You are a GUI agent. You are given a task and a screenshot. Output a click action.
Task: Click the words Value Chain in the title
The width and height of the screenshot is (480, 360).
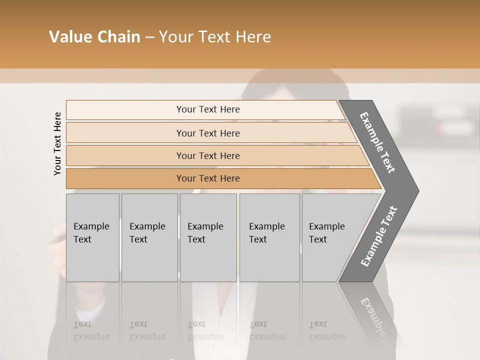coord(94,37)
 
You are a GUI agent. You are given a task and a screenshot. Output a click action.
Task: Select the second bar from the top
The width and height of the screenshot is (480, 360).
coord(208,133)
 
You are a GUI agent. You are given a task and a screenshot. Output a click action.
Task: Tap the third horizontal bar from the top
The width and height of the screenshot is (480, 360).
coord(208,155)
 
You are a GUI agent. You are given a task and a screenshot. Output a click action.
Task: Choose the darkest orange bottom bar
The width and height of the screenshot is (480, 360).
coord(208,178)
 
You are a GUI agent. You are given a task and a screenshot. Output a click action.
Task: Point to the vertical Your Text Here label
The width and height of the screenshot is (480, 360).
coord(58,143)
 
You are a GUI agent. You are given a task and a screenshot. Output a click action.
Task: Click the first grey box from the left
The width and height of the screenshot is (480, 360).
coord(92,237)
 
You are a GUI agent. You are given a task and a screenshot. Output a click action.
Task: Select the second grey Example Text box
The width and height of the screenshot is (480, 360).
coord(149,237)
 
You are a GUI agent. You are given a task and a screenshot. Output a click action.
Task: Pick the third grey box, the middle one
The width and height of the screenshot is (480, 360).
coord(208,237)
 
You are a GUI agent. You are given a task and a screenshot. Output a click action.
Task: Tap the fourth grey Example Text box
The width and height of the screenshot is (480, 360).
coord(269,237)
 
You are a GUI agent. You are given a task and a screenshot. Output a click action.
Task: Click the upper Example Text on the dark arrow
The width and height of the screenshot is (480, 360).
coord(377,142)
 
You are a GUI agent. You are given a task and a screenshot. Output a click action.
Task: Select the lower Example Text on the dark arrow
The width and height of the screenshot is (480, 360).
coord(378,236)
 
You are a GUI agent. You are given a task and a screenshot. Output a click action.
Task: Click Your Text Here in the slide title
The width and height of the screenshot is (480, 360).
coord(215,37)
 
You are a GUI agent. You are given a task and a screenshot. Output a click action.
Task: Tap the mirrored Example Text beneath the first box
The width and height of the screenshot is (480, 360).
coord(91,330)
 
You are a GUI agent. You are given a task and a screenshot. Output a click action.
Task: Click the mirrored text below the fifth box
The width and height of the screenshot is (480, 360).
coord(326,330)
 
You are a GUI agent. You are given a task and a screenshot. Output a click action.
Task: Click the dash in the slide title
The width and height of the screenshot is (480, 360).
coord(149,37)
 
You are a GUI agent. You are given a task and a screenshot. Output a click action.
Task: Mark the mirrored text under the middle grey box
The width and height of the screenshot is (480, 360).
coord(205,330)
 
